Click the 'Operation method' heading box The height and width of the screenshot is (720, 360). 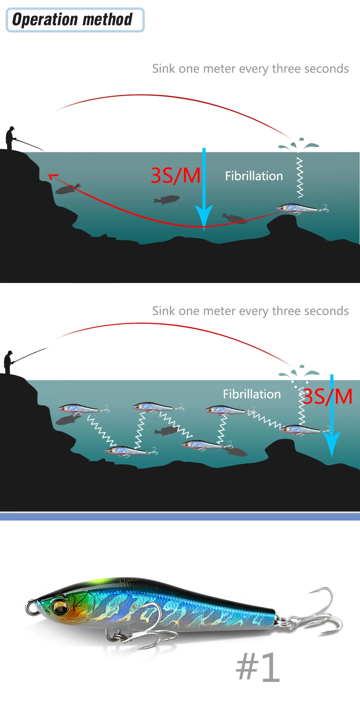pyautogui.click(x=75, y=20)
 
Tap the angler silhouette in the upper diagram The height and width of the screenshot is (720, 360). pyautogui.click(x=10, y=138)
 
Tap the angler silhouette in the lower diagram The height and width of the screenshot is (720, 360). pyautogui.click(x=9, y=362)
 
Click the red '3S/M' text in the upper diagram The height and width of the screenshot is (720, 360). pyautogui.click(x=176, y=176)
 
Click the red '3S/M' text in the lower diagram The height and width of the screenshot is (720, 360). pyautogui.click(x=327, y=397)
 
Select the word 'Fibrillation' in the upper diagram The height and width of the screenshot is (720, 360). pyautogui.click(x=254, y=176)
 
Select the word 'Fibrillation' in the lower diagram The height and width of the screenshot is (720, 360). pyautogui.click(x=252, y=394)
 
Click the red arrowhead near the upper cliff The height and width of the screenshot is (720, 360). pyautogui.click(x=53, y=176)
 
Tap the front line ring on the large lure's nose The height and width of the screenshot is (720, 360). pyautogui.click(x=31, y=607)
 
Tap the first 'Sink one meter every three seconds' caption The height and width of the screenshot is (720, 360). pyautogui.click(x=250, y=68)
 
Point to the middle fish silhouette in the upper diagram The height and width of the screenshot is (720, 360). pyautogui.click(x=166, y=199)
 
